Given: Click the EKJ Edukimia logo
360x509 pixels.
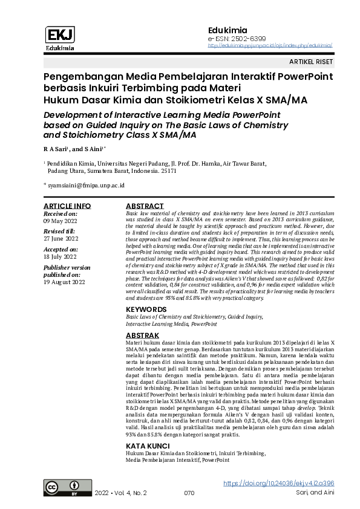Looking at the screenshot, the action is coord(59,38).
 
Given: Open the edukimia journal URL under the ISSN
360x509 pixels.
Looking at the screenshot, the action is coord(270,45).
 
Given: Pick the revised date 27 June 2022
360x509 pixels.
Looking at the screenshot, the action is coord(61,239).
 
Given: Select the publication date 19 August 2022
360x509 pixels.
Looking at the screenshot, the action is coord(64,281).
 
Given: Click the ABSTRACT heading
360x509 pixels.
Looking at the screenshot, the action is coord(144,206).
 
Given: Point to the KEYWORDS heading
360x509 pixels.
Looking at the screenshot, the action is coord(146,309).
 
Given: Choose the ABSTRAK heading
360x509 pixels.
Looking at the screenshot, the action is coord(142,335).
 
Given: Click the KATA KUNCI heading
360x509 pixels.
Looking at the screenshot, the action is coord(148,446).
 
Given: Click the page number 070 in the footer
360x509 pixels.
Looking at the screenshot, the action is coord(189,493).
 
